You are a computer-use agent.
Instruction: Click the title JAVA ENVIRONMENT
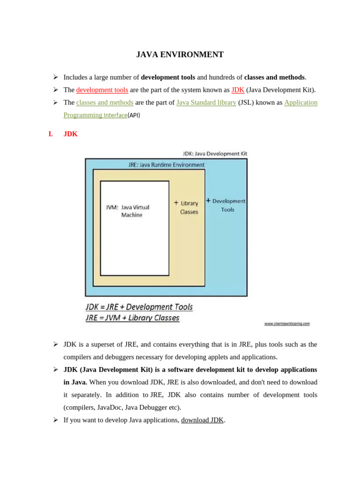(x=180, y=55)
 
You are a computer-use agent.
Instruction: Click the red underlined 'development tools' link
(x=102, y=90)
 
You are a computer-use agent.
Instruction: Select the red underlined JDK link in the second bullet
(x=238, y=90)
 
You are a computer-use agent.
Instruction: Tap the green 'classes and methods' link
(x=105, y=103)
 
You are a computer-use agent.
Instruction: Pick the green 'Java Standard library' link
(x=206, y=103)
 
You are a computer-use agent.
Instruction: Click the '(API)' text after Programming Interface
(x=134, y=115)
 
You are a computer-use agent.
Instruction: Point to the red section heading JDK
(x=70, y=134)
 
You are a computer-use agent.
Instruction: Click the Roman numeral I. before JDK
(x=51, y=134)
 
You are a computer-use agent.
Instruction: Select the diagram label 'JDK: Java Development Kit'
(x=215, y=153)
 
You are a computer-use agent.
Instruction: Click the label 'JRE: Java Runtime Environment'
(x=166, y=165)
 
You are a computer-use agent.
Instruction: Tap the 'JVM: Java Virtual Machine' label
(x=128, y=211)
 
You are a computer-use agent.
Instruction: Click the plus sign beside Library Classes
(x=176, y=203)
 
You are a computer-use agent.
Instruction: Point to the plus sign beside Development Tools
(x=208, y=200)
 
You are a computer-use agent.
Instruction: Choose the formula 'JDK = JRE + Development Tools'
(x=139, y=307)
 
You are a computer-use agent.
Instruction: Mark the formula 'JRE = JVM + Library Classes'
(x=133, y=318)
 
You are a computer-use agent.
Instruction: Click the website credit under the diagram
(x=287, y=323)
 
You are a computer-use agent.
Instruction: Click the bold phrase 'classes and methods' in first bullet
(x=274, y=77)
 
